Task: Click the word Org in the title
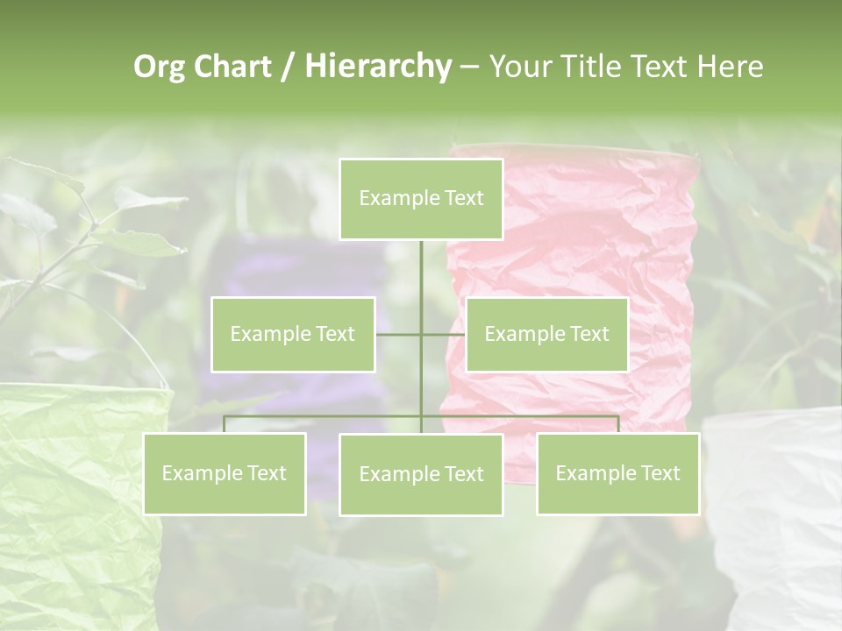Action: (160, 67)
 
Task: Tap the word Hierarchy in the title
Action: (377, 67)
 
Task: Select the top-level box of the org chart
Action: (421, 199)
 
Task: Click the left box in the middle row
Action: (293, 334)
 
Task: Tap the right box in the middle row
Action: (546, 334)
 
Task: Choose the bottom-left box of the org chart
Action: (225, 473)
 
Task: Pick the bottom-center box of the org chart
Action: (421, 474)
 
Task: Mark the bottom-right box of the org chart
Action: (618, 473)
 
